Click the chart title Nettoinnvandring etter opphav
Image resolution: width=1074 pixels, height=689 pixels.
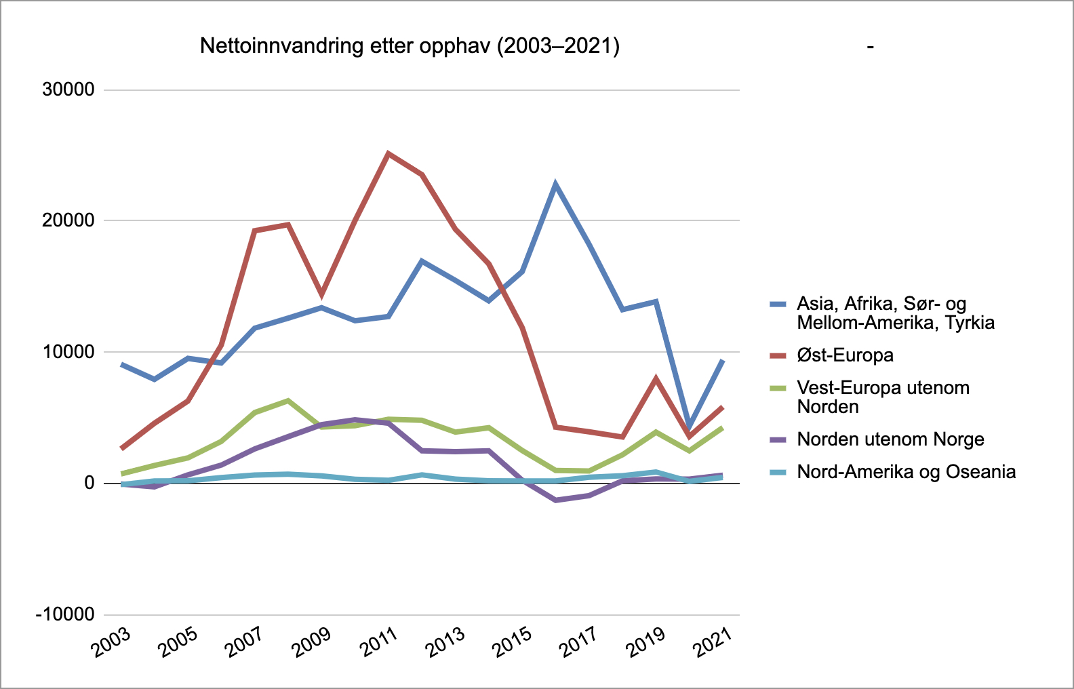click(x=410, y=46)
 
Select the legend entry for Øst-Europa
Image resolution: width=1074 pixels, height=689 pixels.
click(x=845, y=355)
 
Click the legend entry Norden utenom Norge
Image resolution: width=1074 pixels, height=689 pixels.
click(x=890, y=439)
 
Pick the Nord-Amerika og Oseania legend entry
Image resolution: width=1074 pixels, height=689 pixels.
click(x=906, y=472)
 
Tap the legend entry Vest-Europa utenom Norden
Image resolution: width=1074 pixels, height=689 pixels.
click(x=883, y=397)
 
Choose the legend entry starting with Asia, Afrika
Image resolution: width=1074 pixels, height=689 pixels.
click(x=895, y=313)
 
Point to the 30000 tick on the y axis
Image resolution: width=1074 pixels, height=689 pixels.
click(x=68, y=90)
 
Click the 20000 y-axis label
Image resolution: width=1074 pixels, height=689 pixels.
click(x=68, y=221)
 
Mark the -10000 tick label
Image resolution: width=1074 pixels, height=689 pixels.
click(x=65, y=614)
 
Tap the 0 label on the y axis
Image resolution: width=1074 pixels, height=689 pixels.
click(x=89, y=484)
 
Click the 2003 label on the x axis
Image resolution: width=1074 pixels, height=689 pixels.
click(x=111, y=642)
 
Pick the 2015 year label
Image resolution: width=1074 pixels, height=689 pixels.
click(x=512, y=642)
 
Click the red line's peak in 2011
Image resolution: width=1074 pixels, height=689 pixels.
click(x=388, y=154)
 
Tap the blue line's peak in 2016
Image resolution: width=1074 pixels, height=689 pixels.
click(x=555, y=184)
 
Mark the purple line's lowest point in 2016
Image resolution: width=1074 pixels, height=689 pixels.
click(x=555, y=500)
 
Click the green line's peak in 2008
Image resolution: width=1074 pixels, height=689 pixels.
click(x=288, y=401)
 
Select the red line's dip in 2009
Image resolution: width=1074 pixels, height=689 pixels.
click(x=321, y=294)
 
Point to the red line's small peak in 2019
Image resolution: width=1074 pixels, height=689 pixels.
click(x=656, y=378)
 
